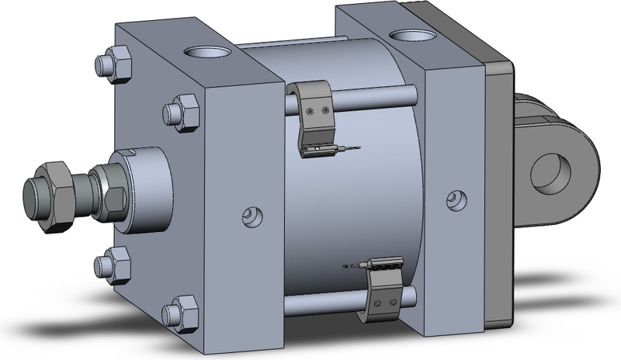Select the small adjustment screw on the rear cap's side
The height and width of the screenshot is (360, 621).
tap(453, 201)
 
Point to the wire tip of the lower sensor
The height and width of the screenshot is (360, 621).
tap(345, 268)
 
